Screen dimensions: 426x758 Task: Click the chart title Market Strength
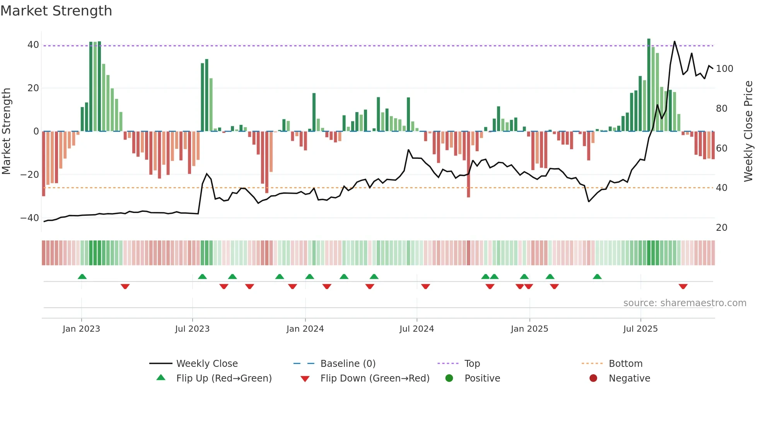(x=56, y=11)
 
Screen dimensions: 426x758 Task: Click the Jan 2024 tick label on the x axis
(x=305, y=329)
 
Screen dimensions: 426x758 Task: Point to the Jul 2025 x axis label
(x=640, y=329)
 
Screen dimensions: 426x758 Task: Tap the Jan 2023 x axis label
(x=81, y=329)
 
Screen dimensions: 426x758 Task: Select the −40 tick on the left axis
(x=30, y=218)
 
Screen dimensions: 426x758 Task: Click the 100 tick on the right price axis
(x=724, y=69)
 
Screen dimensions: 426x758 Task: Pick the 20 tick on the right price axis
(x=722, y=228)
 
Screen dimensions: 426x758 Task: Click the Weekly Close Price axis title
(x=749, y=131)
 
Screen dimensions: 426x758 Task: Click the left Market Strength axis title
(x=7, y=131)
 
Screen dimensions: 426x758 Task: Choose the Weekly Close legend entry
(x=207, y=364)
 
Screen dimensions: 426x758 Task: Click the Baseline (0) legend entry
(x=348, y=364)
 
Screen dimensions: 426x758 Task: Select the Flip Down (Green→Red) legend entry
(x=375, y=378)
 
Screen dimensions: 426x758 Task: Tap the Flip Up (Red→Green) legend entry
(x=224, y=378)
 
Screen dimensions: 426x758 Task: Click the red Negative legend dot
(x=593, y=378)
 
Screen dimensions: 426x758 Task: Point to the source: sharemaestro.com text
(x=685, y=303)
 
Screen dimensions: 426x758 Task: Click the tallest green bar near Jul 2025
(x=649, y=85)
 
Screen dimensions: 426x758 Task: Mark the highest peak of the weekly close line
(x=674, y=42)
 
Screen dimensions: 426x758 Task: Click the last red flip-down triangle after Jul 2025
(x=683, y=286)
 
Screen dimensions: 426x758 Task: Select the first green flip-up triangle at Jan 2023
(x=82, y=276)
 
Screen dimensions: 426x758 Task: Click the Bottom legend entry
(x=625, y=364)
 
